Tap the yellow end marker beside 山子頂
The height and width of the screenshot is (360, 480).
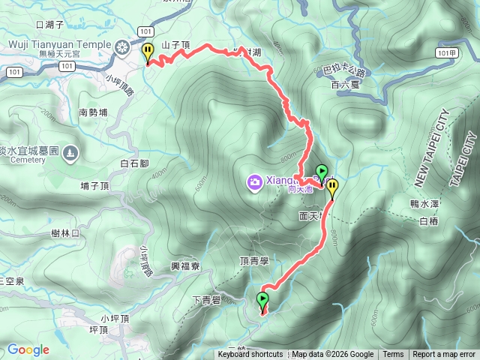[148, 52]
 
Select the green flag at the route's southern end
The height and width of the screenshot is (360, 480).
[262, 301]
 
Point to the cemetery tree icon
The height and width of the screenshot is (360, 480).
[71, 153]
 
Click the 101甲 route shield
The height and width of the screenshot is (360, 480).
[446, 52]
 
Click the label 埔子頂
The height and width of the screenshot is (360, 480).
[95, 185]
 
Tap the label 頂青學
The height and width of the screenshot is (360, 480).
[254, 261]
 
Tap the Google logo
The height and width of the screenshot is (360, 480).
[28, 349]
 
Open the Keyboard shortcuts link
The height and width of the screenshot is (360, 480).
[250, 355]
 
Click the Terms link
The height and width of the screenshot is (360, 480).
[393, 355]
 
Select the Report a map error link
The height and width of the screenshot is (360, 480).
[444, 355]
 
